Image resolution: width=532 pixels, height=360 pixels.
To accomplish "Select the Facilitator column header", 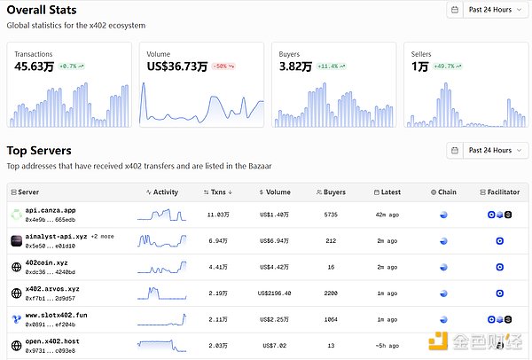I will coord(497,192).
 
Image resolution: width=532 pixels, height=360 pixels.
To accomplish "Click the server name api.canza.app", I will coord(51,210).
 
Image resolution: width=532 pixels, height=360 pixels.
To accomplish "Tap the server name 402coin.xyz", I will coord(46,262).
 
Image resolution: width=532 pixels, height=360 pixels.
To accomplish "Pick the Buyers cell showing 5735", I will coord(331,215).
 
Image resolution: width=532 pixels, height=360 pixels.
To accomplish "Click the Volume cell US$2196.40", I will coord(275,293).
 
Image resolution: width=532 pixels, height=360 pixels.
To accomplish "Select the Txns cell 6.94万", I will coord(218,240).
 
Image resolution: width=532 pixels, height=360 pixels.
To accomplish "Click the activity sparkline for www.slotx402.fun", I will coord(161,318).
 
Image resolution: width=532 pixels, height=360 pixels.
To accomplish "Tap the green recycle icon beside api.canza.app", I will coord(16,215).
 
